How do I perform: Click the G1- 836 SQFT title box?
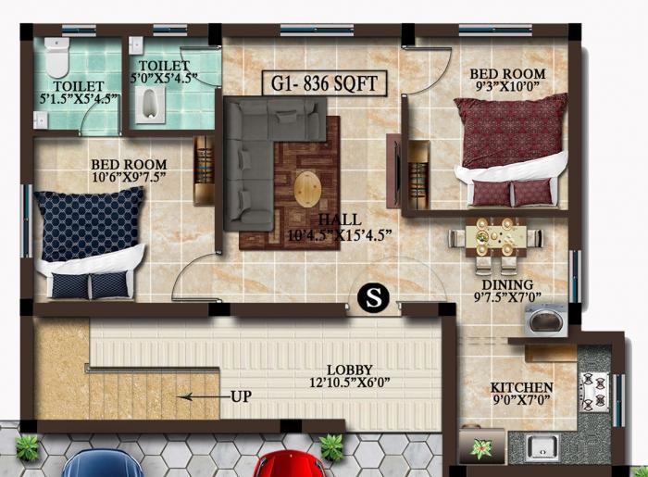324,83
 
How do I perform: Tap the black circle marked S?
374,297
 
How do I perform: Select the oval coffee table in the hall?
308,189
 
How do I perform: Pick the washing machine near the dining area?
541,320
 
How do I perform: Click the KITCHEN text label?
521,387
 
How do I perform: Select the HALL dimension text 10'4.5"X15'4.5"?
340,234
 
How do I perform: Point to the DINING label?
507,284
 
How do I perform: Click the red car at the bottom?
293,463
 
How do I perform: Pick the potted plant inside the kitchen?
480,449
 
